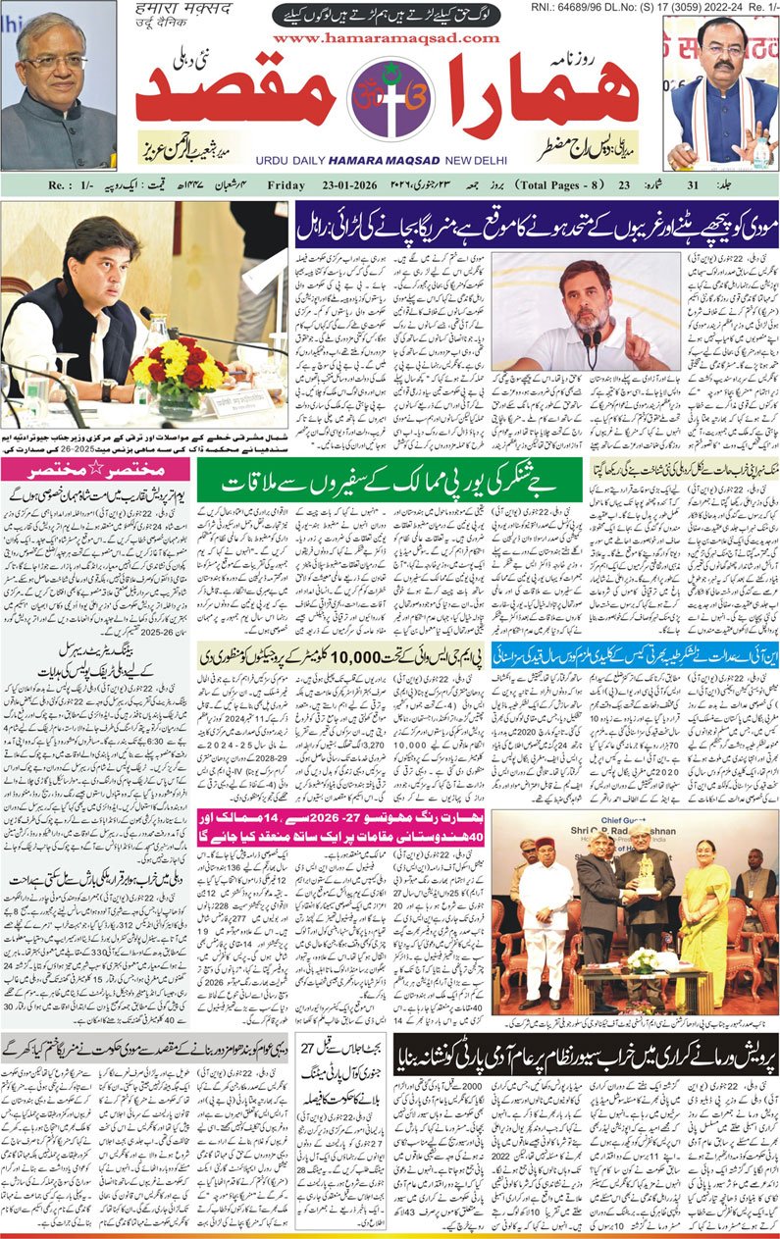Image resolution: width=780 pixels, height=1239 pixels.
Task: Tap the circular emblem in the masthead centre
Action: click(x=387, y=98)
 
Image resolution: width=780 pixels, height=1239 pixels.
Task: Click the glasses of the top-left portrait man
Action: click(x=57, y=62)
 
